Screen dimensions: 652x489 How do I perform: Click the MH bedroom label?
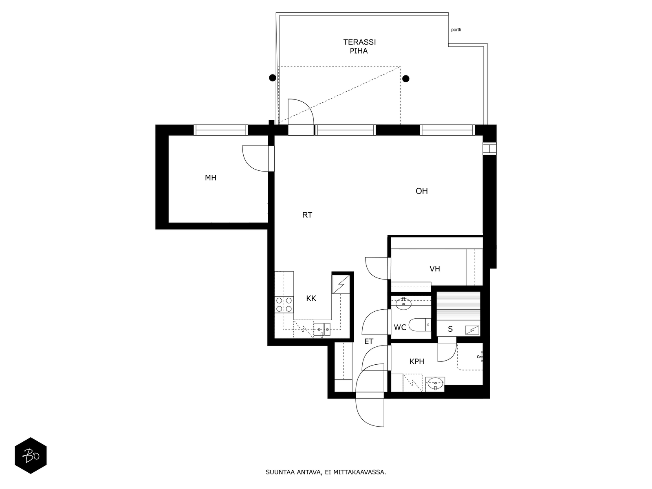(x=210, y=178)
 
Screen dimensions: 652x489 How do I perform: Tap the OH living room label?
(x=421, y=191)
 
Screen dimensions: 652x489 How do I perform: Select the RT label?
(x=307, y=215)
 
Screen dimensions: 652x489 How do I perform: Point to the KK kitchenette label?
(x=311, y=298)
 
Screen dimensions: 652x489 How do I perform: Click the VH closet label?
(x=434, y=269)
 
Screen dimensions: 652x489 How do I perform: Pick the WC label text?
(x=400, y=328)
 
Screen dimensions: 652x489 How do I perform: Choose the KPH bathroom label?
(x=417, y=361)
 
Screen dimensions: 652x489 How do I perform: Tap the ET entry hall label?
(x=369, y=341)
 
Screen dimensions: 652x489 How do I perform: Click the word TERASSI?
(x=359, y=42)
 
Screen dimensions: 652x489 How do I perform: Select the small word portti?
(x=456, y=30)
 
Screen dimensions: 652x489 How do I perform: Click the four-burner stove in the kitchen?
(x=284, y=305)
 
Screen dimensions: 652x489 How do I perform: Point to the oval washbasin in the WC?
(x=403, y=304)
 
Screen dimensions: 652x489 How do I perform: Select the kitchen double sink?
(x=322, y=329)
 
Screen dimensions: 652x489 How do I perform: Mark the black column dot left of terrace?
(x=272, y=78)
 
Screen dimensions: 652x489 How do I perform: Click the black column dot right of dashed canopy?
(x=406, y=79)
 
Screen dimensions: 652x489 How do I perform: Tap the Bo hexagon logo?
(x=31, y=456)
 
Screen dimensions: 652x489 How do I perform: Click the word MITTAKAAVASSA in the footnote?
(x=359, y=472)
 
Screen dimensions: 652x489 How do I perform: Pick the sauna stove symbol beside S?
(x=472, y=330)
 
